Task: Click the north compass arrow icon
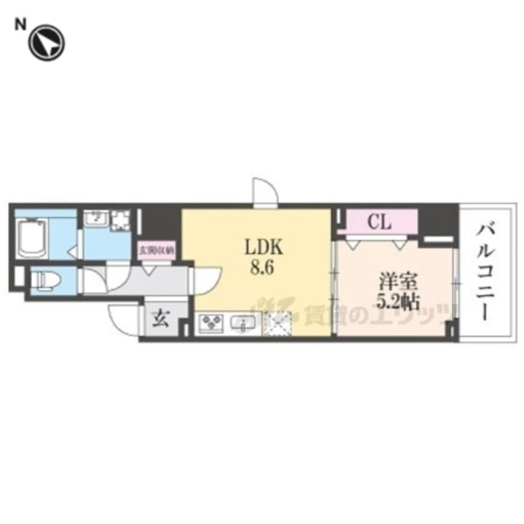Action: (46, 41)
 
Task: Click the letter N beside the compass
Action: (20, 24)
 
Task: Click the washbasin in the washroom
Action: (95, 219)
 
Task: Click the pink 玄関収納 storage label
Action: (157, 251)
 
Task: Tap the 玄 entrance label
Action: (159, 319)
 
